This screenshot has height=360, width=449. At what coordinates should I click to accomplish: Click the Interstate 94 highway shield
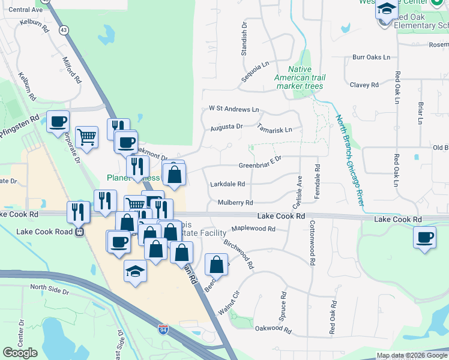pos(163,329)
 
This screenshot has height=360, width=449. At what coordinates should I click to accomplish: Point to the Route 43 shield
pos(63,29)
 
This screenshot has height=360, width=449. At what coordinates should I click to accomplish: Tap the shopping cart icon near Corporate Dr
pos(87,137)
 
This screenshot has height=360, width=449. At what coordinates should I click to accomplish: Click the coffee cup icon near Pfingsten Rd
pos(58,122)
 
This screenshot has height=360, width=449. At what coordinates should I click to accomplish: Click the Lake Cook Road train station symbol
pos(79,232)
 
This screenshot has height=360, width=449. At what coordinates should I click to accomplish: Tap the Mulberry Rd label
pos(235,203)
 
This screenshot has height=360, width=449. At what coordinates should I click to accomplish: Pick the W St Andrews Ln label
pos(234,109)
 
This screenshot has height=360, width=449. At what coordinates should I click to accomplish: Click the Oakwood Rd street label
pos(273,329)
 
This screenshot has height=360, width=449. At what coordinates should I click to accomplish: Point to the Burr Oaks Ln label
pos(371,57)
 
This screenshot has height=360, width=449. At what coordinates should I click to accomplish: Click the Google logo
pos(20,352)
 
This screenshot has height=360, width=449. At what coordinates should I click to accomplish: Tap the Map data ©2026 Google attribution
pos(411,355)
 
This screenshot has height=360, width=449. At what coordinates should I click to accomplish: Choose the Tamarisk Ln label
pos(274,130)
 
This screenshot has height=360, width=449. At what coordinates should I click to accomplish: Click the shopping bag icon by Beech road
pos(217,264)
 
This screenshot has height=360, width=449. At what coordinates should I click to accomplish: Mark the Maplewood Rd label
pos(253,229)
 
